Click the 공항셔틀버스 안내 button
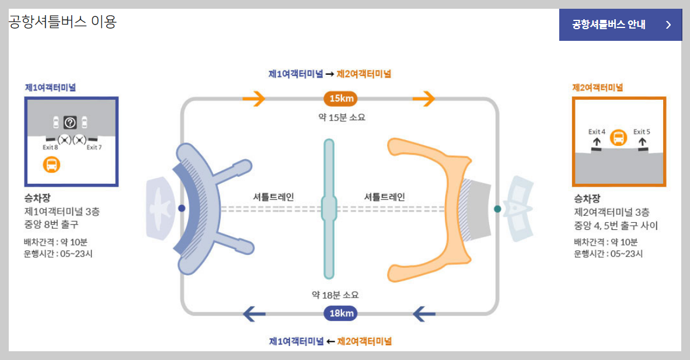(x=620, y=25)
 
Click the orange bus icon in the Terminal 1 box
(x=51, y=165)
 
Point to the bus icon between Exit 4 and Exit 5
(x=619, y=138)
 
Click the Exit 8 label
(x=50, y=148)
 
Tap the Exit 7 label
(x=94, y=148)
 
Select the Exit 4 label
(x=597, y=132)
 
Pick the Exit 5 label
(x=642, y=132)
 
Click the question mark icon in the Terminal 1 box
(x=70, y=123)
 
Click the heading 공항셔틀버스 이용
(x=62, y=22)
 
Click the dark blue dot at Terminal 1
(x=182, y=208)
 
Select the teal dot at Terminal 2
(x=497, y=208)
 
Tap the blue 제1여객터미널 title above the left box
(x=50, y=88)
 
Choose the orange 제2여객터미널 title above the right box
(x=597, y=88)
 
